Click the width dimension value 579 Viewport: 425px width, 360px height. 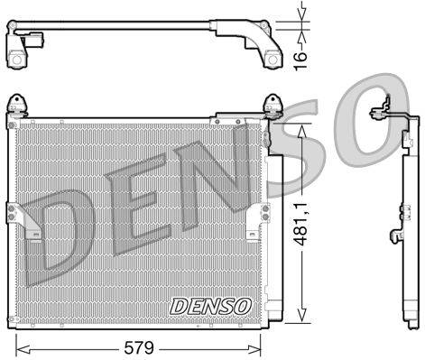coord(142,345)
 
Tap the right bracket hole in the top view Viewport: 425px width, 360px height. coord(270,59)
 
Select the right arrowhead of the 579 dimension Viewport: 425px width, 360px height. coord(263,346)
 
